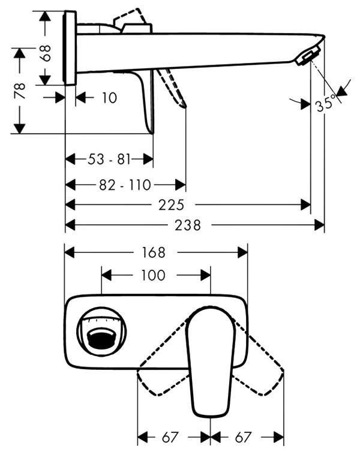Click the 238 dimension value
188,225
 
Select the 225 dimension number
171,205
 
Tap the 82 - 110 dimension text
125,185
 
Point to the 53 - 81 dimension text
109,159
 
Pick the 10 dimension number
109,98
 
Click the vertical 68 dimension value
46,53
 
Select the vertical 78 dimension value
20,91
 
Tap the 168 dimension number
154,252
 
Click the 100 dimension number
153,275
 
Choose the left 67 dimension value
170,437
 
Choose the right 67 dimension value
243,437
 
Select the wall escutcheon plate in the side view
70,48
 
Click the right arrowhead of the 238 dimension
319,225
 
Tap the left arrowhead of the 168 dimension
70,252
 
